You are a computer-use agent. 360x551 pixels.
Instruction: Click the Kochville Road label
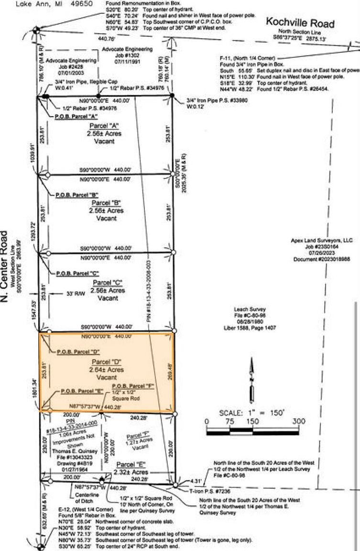point(300,22)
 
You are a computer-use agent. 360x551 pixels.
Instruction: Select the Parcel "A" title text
point(104,126)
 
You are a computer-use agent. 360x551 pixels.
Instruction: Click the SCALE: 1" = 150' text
point(251,412)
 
